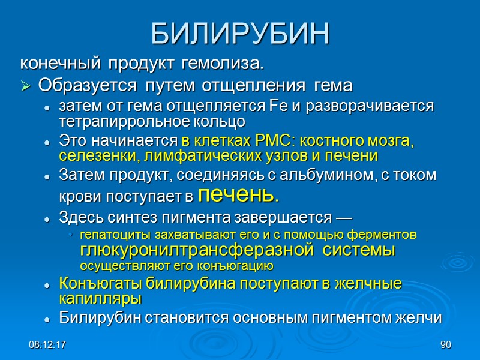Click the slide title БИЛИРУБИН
(240, 34)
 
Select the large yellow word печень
(238, 194)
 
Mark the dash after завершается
(344, 217)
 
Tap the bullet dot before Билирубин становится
(46, 319)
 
